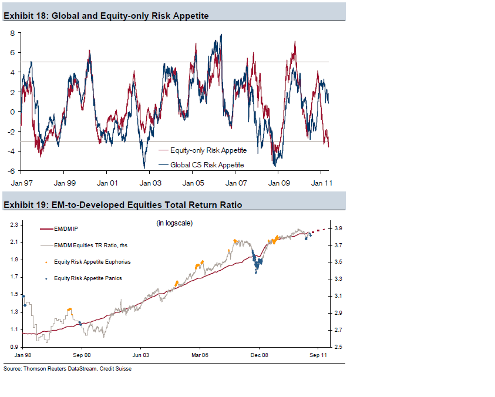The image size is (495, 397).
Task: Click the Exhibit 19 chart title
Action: pyautogui.click(x=123, y=205)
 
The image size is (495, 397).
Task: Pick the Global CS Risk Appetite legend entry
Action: pyautogui.click(x=207, y=164)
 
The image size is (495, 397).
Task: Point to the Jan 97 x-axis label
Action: pyautogui.click(x=21, y=183)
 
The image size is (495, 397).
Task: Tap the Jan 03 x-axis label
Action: pyautogui.click(x=150, y=183)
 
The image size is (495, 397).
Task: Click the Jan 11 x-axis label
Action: pyautogui.click(x=321, y=183)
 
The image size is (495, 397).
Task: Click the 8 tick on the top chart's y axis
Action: pyautogui.click(x=12, y=33)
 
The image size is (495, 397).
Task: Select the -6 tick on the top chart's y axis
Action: pyautogui.click(x=11, y=171)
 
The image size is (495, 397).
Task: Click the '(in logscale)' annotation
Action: pyautogui.click(x=174, y=223)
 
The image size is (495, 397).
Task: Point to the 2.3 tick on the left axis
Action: pyautogui.click(x=14, y=224)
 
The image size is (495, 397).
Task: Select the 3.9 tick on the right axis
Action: pyautogui.click(x=339, y=228)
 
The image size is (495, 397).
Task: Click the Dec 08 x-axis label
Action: pyautogui.click(x=259, y=355)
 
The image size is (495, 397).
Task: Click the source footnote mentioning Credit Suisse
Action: pyautogui.click(x=68, y=369)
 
